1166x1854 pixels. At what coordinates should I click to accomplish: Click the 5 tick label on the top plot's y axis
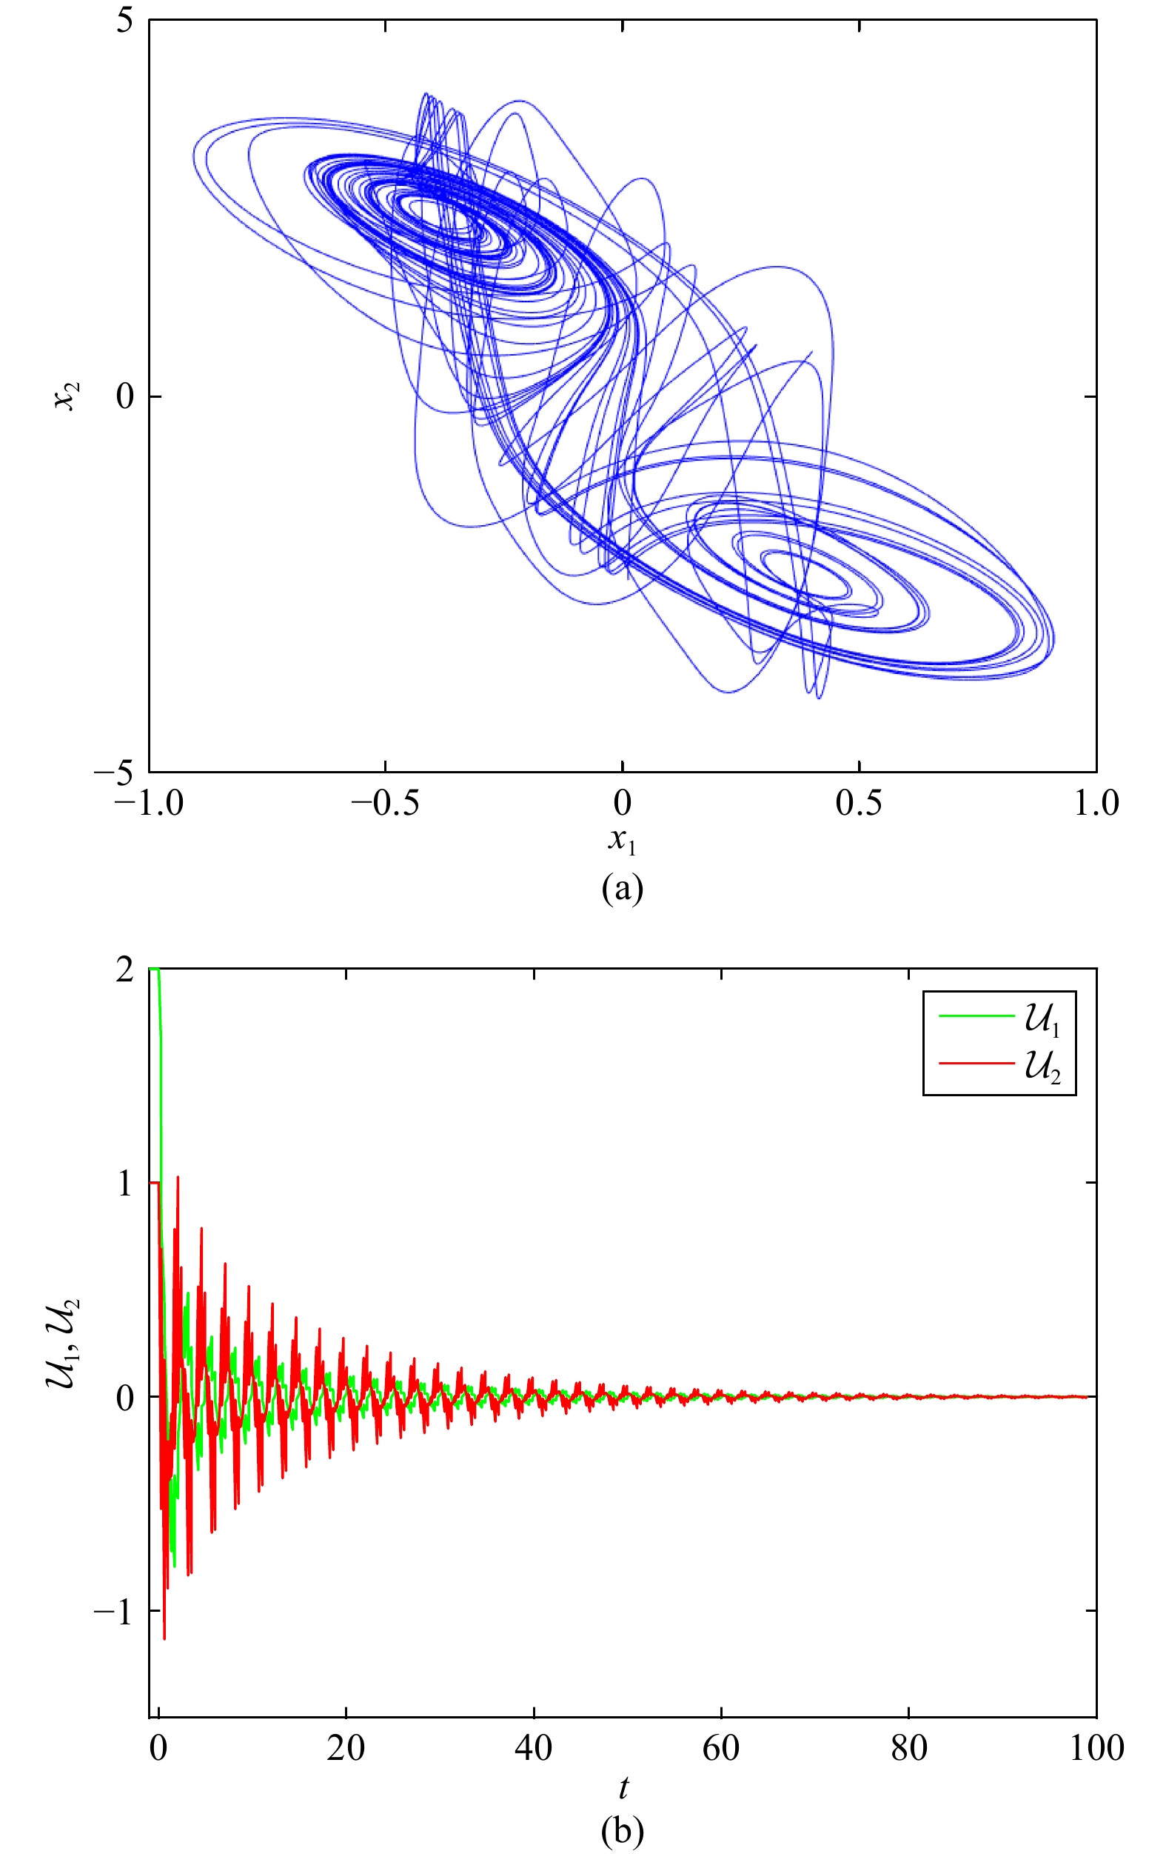(124, 21)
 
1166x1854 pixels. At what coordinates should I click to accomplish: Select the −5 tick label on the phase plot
(114, 773)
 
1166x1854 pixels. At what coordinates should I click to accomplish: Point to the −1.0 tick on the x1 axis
(150, 804)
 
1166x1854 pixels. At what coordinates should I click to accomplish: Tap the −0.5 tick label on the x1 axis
(385, 804)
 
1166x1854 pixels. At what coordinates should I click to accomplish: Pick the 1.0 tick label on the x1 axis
(1095, 804)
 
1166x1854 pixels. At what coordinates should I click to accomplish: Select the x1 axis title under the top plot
(622, 841)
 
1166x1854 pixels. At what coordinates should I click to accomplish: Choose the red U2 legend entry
(1000, 1067)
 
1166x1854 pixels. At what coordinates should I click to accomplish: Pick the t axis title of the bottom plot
(623, 1787)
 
